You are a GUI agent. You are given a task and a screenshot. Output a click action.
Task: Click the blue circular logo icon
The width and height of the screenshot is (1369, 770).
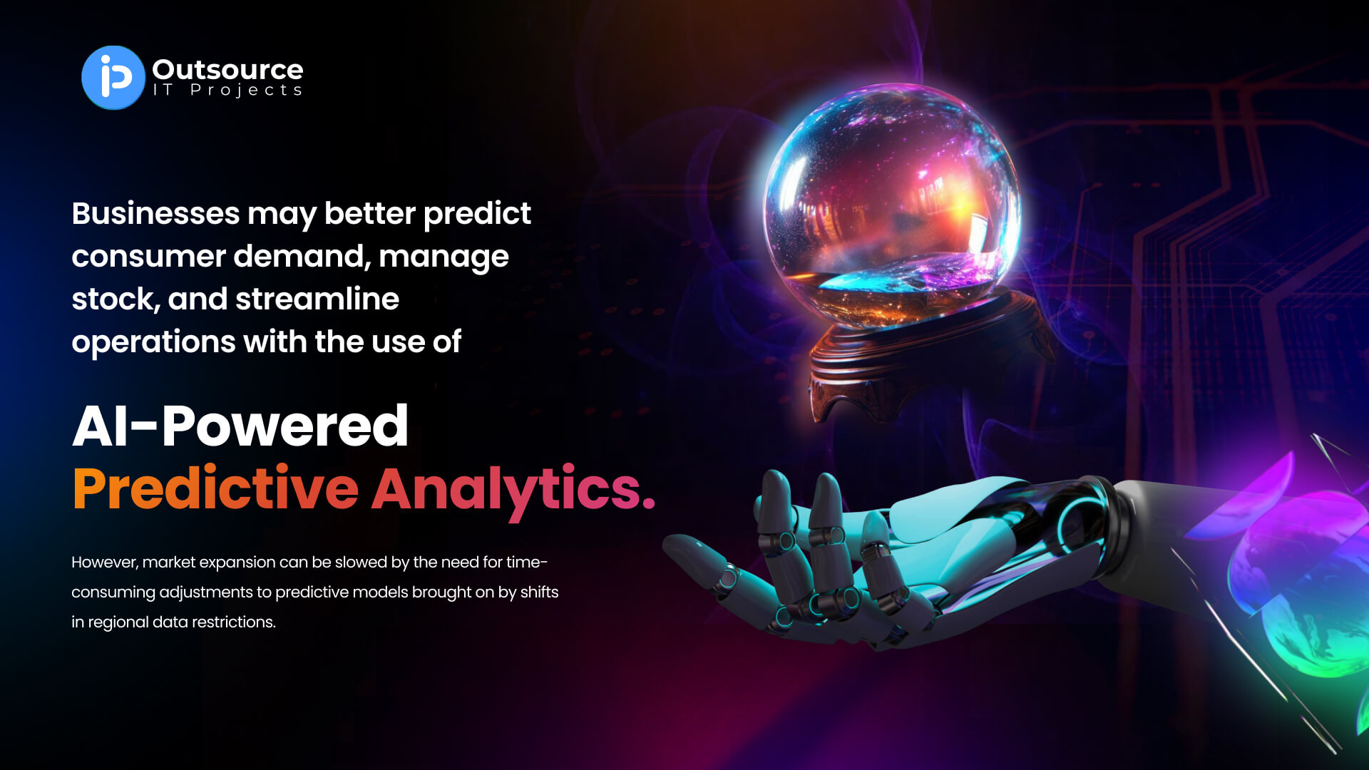tap(113, 78)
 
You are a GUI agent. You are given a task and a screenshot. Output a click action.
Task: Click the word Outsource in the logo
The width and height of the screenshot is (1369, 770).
tap(227, 69)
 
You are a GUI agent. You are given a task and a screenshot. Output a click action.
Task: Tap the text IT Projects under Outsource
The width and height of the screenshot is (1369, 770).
tap(227, 91)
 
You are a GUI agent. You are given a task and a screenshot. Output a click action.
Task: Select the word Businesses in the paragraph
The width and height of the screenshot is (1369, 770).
tap(155, 213)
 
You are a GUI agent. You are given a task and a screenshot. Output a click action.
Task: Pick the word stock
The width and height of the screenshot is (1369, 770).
tap(116, 299)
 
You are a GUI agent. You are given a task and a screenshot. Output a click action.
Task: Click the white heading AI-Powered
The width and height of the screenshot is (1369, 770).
tap(240, 426)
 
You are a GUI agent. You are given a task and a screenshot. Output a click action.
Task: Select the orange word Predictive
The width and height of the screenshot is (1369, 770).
tap(215, 488)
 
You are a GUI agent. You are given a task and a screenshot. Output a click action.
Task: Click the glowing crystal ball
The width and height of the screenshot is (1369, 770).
tap(892, 207)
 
